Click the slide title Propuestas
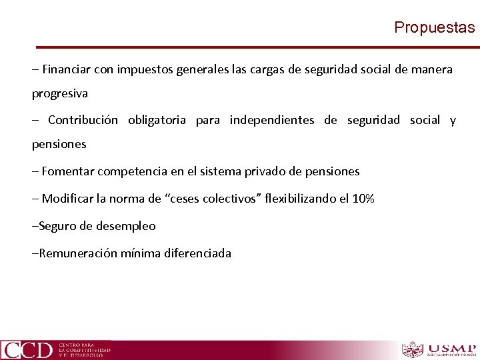pyautogui.click(x=434, y=27)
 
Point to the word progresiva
pyautogui.click(x=60, y=93)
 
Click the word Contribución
pyautogui.click(x=83, y=120)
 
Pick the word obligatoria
pyautogui.click(x=157, y=120)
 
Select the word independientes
pyautogui.click(x=271, y=120)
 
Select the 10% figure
pyautogui.click(x=363, y=199)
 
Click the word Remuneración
pyautogui.click(x=78, y=253)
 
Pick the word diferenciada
pyautogui.click(x=198, y=253)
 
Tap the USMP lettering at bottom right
pyautogui.click(x=451, y=348)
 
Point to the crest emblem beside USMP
pyautogui.click(x=413, y=350)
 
